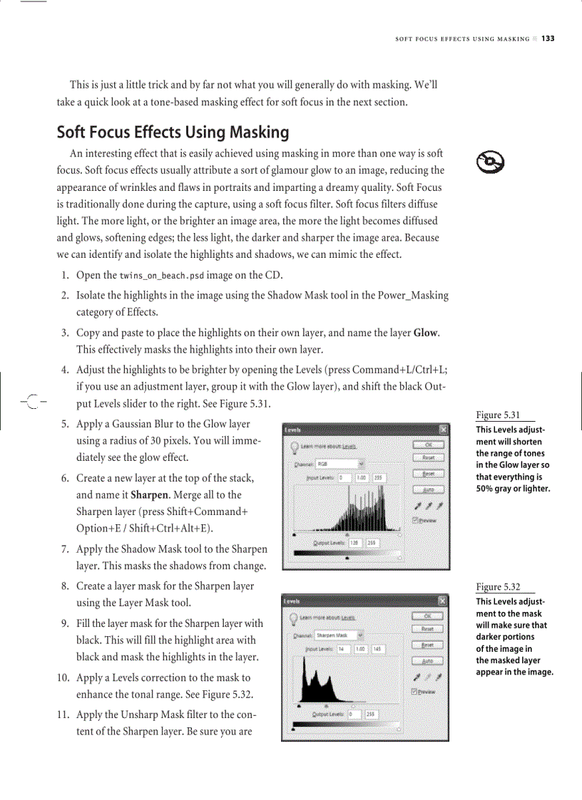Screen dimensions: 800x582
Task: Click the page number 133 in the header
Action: [547, 38]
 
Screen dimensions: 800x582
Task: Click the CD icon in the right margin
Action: [490, 164]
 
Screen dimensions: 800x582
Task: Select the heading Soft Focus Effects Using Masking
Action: [173, 133]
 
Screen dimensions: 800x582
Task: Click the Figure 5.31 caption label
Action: [497, 415]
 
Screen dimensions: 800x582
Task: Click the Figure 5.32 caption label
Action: [497, 587]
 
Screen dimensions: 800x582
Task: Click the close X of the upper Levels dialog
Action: [444, 430]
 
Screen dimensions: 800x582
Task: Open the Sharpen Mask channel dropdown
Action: [339, 634]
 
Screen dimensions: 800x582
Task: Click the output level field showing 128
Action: [354, 542]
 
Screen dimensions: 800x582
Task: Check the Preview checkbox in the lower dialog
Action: [415, 691]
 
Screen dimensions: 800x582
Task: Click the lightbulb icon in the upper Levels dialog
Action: [294, 447]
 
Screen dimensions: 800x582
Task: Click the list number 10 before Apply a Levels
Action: [63, 677]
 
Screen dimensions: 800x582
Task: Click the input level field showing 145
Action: [377, 649]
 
